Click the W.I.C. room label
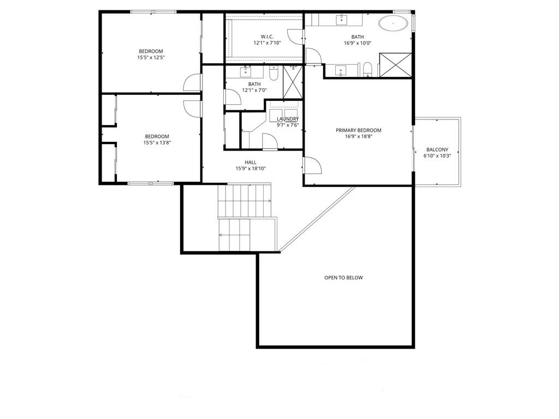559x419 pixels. [x=267, y=37]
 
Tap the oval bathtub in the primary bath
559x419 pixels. [x=393, y=23]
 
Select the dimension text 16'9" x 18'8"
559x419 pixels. [x=358, y=136]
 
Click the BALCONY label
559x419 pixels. [x=437, y=149]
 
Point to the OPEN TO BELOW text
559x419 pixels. [x=343, y=278]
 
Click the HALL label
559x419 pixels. [x=251, y=163]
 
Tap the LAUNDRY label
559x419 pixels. [x=288, y=119]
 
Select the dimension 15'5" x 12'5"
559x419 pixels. [x=151, y=57]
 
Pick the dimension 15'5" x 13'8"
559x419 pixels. [x=157, y=142]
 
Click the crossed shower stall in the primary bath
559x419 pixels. [x=395, y=65]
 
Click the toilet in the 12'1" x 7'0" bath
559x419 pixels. [x=273, y=74]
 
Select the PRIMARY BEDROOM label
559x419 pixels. [x=358, y=130]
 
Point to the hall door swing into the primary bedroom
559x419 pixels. [x=313, y=165]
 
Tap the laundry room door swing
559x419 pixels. [x=270, y=141]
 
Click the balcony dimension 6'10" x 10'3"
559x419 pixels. [x=437, y=155]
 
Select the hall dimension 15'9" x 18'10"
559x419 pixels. [x=251, y=169]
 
